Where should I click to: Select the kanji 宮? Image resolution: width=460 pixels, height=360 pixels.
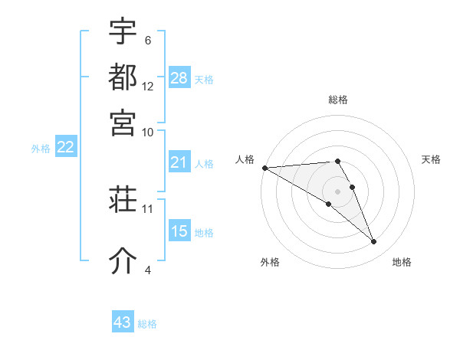pos(123,122)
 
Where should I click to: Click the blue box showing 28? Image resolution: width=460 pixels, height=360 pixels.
pos(179,77)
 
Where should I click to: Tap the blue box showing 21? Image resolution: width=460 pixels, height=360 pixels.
pos(179,162)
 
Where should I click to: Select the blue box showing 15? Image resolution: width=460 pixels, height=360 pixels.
pos(179,231)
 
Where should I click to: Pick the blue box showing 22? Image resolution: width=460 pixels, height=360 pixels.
pos(65,147)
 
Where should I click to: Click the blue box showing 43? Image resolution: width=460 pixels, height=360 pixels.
pos(123,322)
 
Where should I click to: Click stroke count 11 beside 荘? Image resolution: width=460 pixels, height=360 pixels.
pos(148,208)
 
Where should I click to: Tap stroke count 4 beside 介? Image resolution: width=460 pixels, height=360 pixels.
pos(148,270)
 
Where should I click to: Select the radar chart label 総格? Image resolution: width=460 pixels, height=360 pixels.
pos(338,100)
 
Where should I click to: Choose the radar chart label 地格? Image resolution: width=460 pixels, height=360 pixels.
pos(402,262)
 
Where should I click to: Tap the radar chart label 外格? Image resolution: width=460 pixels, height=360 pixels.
pos(270,262)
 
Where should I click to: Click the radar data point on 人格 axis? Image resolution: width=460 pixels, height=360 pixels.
pos(264,168)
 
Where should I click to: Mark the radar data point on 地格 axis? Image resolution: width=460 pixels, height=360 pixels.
pos(374,242)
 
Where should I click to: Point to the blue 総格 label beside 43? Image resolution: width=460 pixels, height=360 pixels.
pos(147,324)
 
